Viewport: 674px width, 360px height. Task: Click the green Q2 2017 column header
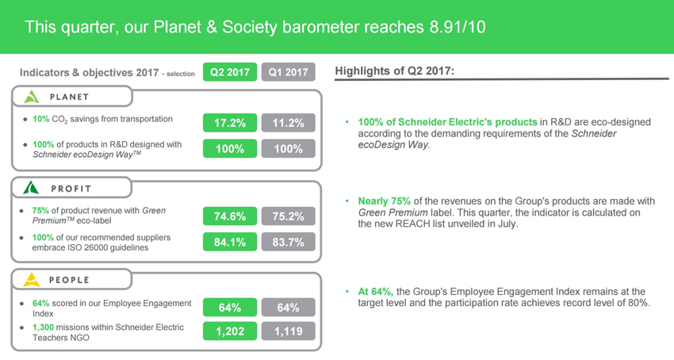pyautogui.click(x=230, y=72)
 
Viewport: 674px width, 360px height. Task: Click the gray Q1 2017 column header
pyautogui.click(x=289, y=72)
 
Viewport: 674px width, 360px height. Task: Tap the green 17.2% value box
pyautogui.click(x=230, y=123)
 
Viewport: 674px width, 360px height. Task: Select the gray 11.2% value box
pyautogui.click(x=289, y=123)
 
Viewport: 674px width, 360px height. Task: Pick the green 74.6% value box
pyautogui.click(x=230, y=216)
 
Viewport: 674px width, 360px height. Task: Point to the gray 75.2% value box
pyautogui.click(x=289, y=216)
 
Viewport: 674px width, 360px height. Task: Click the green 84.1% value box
pyautogui.click(x=230, y=242)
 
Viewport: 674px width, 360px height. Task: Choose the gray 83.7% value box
pyautogui.click(x=289, y=242)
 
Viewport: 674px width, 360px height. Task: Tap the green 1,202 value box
pyautogui.click(x=230, y=331)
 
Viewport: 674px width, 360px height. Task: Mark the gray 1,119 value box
pyautogui.click(x=289, y=331)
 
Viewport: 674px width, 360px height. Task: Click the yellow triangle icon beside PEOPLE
pyautogui.click(x=32, y=280)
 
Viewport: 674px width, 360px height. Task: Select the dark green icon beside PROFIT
pyautogui.click(x=31, y=187)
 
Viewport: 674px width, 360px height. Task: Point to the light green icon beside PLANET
pyautogui.click(x=32, y=97)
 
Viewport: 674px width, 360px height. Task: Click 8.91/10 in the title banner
pyautogui.click(x=458, y=27)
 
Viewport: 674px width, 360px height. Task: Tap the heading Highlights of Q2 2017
pyautogui.click(x=395, y=71)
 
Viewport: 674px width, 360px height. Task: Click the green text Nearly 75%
pyautogui.click(x=385, y=201)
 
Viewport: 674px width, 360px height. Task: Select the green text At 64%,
pyautogui.click(x=376, y=292)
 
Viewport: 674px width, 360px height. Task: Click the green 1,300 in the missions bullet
pyautogui.click(x=43, y=327)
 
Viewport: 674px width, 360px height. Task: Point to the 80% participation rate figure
pyautogui.click(x=638, y=303)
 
